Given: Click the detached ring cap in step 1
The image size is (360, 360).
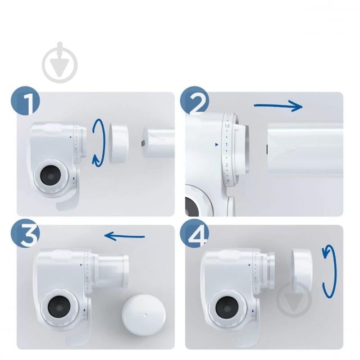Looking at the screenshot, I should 119,143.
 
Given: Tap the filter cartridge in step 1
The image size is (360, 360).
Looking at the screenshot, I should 158,143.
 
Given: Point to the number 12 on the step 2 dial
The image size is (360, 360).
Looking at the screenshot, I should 227,126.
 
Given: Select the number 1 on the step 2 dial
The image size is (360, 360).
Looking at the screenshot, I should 227,145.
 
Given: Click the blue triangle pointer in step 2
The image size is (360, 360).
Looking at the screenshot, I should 217,145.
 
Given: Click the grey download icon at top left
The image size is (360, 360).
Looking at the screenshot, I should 59,63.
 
